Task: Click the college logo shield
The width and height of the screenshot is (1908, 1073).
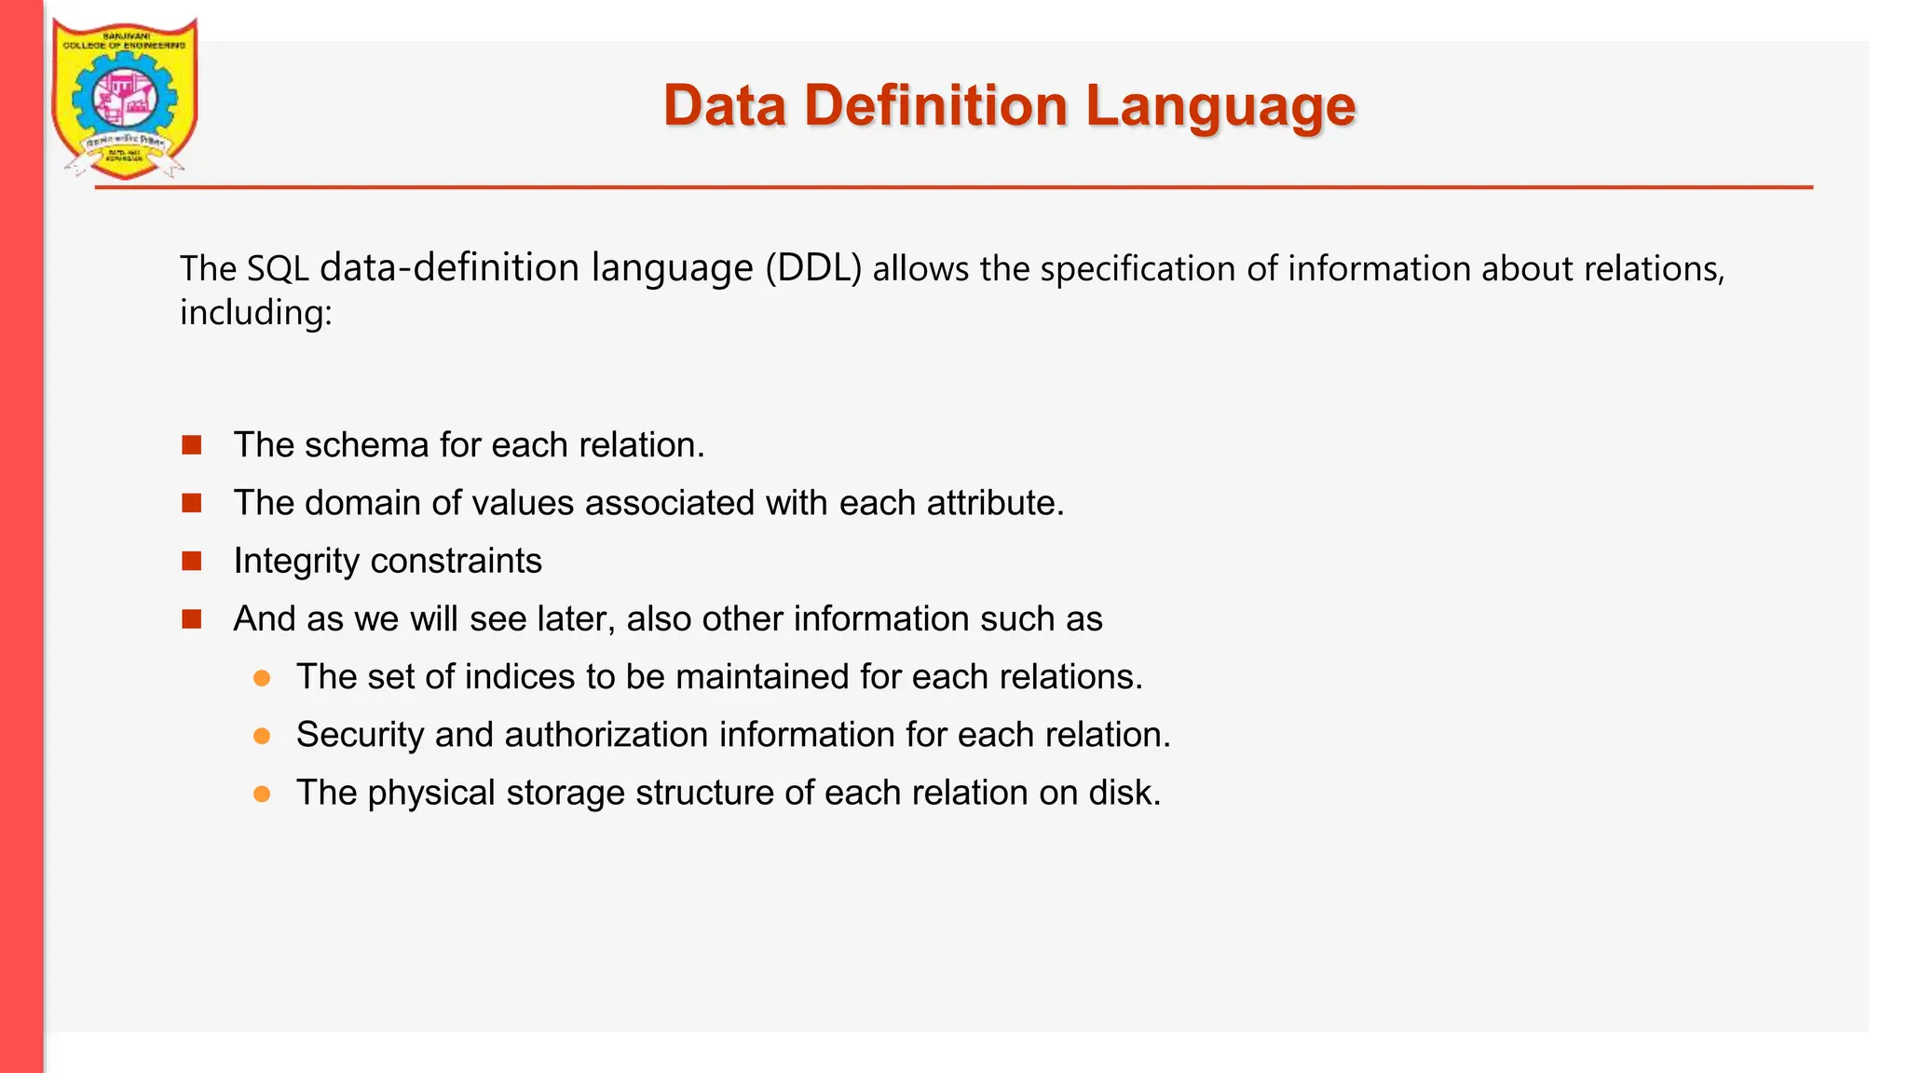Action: tap(124, 98)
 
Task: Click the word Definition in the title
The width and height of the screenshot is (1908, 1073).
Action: tap(935, 105)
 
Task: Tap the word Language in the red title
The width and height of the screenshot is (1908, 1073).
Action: tap(1220, 107)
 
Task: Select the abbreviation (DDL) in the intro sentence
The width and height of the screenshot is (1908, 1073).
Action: tap(813, 268)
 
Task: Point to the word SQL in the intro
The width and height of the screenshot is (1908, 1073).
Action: tap(278, 269)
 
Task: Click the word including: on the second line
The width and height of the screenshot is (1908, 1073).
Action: tap(255, 313)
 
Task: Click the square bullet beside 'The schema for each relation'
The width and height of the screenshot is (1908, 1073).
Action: tap(192, 445)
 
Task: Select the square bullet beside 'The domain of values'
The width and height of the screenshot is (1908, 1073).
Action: tap(192, 503)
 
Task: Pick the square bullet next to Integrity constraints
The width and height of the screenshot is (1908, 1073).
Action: tap(192, 561)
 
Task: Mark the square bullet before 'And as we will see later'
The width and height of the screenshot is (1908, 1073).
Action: tap(192, 619)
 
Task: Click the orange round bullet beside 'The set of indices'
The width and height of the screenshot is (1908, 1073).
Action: tap(262, 678)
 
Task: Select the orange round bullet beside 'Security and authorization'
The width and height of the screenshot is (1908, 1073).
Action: tap(262, 736)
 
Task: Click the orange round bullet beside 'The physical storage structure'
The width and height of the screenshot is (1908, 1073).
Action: tap(262, 794)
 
